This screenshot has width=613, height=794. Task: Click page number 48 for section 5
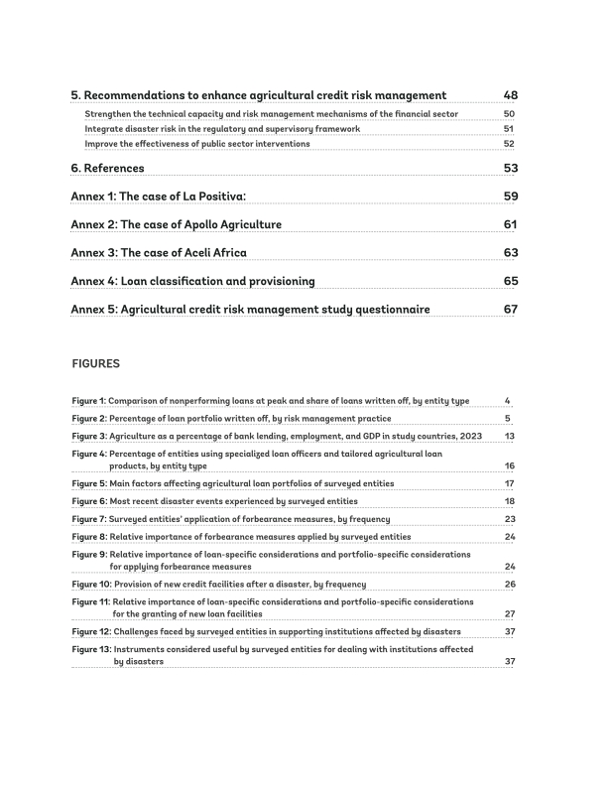point(511,95)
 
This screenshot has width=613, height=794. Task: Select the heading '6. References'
point(107,168)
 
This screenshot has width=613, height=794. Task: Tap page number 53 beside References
point(511,168)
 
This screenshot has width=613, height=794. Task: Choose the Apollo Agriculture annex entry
point(176,224)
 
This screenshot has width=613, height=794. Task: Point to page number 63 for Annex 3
point(511,252)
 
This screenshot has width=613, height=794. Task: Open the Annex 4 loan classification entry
point(192,281)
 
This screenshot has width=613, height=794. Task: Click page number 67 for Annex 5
point(511,309)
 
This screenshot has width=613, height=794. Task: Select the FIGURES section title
point(95,364)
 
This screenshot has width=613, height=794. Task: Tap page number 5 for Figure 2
point(508,419)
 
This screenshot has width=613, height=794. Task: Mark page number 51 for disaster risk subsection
point(509,129)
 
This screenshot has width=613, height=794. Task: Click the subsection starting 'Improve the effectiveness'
point(196,144)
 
